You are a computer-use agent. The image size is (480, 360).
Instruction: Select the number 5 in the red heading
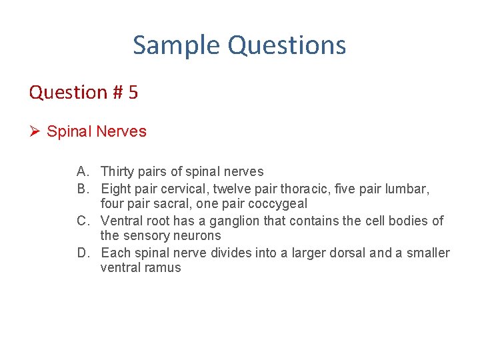click(x=133, y=92)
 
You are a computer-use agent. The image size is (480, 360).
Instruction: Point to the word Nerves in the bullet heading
click(x=121, y=131)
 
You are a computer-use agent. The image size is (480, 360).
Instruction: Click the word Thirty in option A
click(x=116, y=172)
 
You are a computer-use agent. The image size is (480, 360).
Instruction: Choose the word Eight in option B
click(x=115, y=189)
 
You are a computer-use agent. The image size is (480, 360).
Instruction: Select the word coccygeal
click(x=279, y=204)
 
